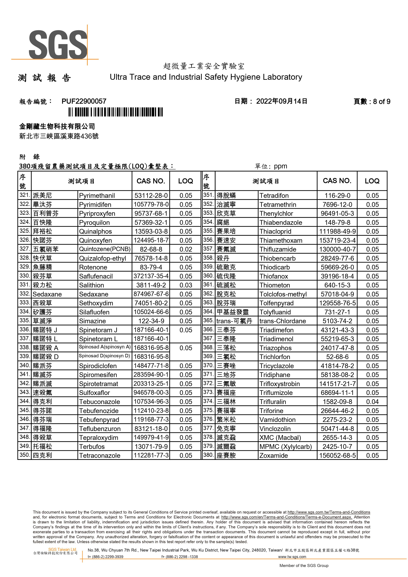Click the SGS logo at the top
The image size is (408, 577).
point(58,45)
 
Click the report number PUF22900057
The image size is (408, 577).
point(84,101)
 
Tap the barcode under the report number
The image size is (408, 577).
point(116,112)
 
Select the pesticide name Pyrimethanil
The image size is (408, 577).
point(97,196)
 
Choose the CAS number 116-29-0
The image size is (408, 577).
point(337,196)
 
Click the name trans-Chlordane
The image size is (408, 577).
point(283,321)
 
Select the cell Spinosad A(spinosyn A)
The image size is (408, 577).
point(105,347)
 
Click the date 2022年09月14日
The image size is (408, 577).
point(282,101)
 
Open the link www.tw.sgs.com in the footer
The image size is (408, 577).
point(292,557)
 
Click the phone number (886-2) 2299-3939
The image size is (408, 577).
point(107,557)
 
